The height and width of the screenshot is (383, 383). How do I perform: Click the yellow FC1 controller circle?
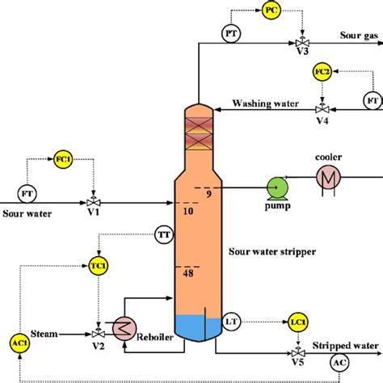[63, 159]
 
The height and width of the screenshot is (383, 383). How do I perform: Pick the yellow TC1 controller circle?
[97, 266]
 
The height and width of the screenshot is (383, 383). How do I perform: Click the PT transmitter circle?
[229, 33]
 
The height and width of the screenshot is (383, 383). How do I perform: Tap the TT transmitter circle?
[164, 236]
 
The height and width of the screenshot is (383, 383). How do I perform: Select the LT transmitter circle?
[232, 323]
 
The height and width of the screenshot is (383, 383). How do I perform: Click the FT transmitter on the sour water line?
[24, 194]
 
